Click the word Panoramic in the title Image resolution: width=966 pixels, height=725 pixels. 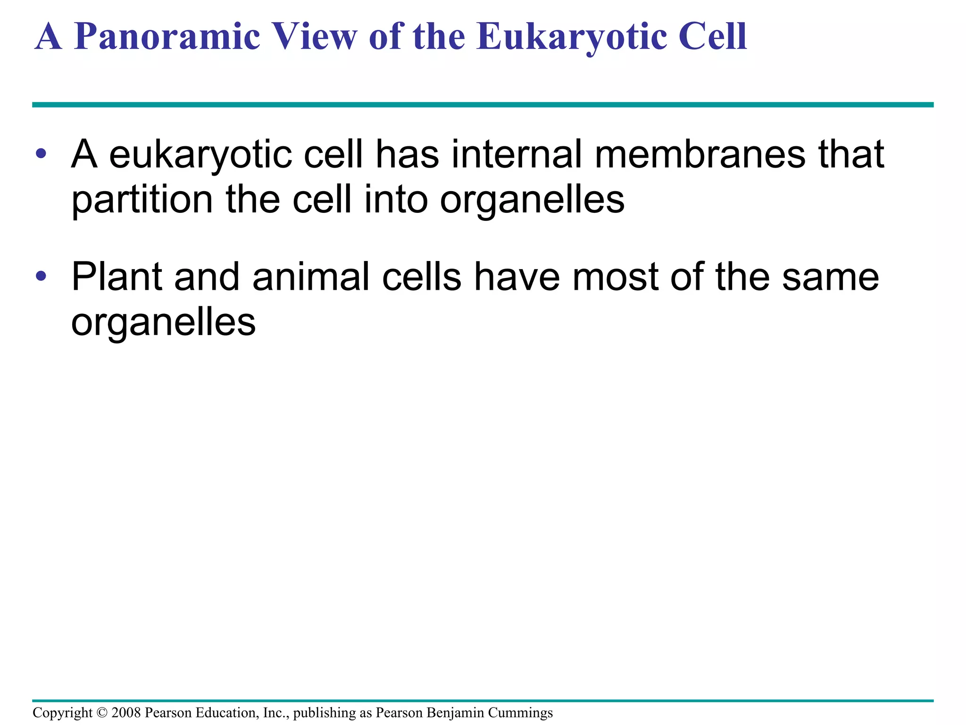tap(167, 37)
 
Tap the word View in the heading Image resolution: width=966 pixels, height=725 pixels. tap(316, 37)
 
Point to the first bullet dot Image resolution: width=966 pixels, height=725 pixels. tap(41, 153)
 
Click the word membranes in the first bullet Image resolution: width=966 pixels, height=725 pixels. tap(700, 154)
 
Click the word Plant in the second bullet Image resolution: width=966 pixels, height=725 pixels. tap(117, 277)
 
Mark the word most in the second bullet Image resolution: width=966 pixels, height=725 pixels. tap(616, 277)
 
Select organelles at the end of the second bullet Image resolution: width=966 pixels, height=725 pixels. tap(163, 323)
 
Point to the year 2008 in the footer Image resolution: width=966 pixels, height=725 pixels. tap(126, 713)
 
